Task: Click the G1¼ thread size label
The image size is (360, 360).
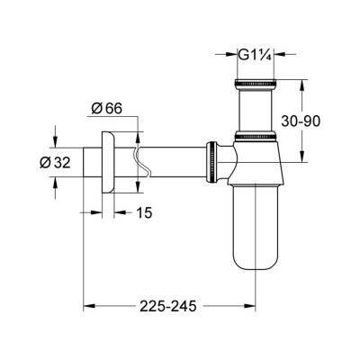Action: (254, 53)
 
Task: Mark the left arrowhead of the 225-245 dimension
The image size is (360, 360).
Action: (87, 306)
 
